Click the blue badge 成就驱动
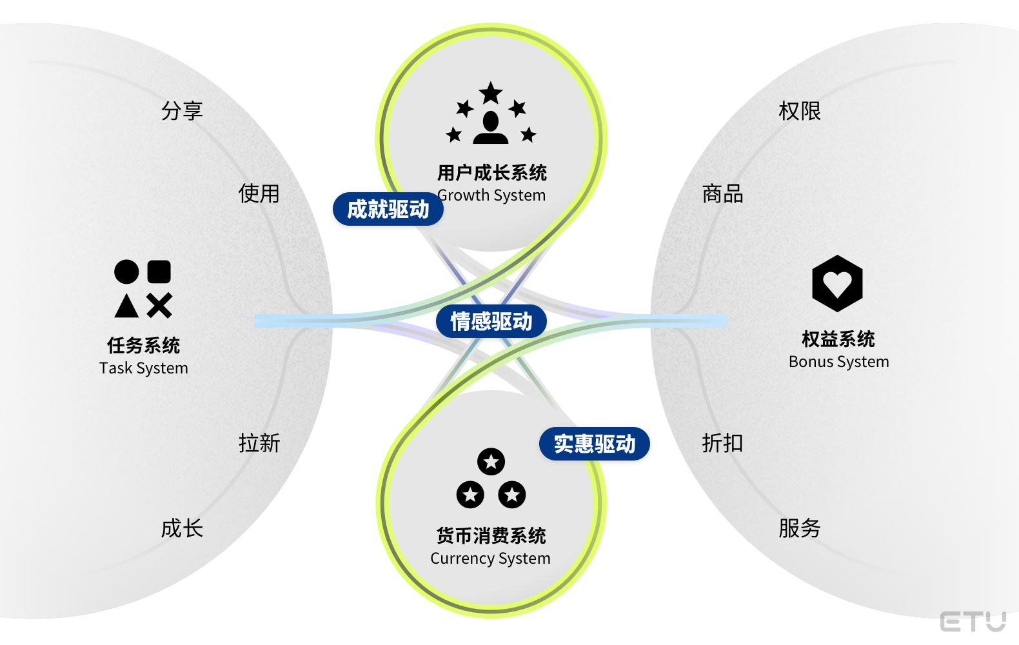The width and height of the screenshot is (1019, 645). pyautogui.click(x=388, y=209)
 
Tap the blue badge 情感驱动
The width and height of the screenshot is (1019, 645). pyautogui.click(x=491, y=321)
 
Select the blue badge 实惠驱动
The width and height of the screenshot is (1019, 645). pyautogui.click(x=594, y=444)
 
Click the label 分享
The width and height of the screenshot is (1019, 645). pyautogui.click(x=182, y=111)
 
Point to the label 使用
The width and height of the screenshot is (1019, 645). pyautogui.click(x=259, y=193)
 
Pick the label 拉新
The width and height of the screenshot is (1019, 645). pyautogui.click(x=259, y=443)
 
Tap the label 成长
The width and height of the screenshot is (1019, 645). pyautogui.click(x=182, y=528)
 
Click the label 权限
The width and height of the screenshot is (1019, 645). pyautogui.click(x=799, y=111)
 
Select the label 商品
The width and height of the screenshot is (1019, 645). pyautogui.click(x=722, y=193)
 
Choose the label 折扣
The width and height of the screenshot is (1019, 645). pyautogui.click(x=722, y=443)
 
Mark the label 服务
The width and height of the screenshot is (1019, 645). pyautogui.click(x=799, y=528)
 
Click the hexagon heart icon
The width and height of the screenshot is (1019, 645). pyautogui.click(x=837, y=284)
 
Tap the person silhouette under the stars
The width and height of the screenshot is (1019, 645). pyautogui.click(x=491, y=128)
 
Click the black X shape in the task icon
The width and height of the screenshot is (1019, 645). pyautogui.click(x=159, y=306)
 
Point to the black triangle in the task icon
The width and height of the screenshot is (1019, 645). pyautogui.click(x=126, y=306)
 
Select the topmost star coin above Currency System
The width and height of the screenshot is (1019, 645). pyautogui.click(x=491, y=461)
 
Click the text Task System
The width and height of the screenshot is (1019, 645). pyautogui.click(x=144, y=368)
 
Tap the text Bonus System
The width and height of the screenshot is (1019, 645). pyautogui.click(x=838, y=362)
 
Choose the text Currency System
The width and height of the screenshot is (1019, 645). pyautogui.click(x=490, y=559)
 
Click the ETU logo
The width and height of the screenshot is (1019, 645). pyautogui.click(x=973, y=622)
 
